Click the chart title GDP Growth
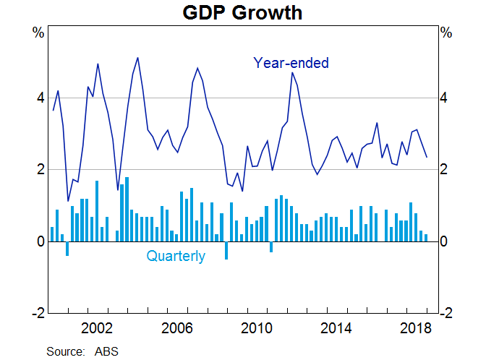point(242,12)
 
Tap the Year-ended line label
point(291,63)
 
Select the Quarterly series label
point(176,256)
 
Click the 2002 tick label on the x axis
point(97,327)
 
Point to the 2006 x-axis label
point(178,327)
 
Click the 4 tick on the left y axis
point(40,98)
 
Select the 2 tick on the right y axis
point(447,170)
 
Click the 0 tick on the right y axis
point(447,241)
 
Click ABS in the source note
point(106,351)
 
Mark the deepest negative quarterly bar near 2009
point(226,250)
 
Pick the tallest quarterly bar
point(127,209)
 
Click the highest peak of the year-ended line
point(137,58)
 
